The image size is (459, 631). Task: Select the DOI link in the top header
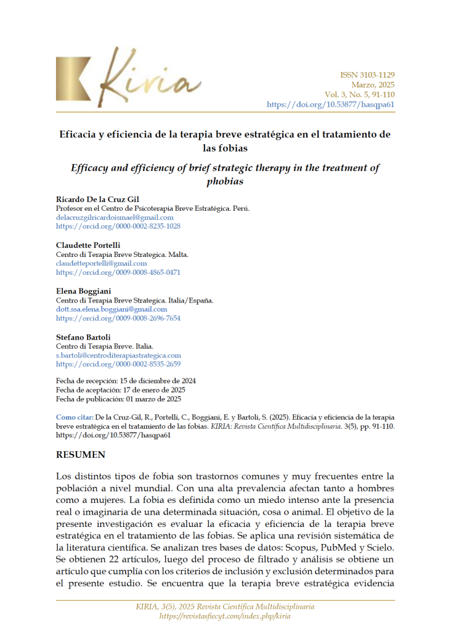(x=330, y=104)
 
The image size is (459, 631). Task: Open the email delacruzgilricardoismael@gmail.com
(x=115, y=218)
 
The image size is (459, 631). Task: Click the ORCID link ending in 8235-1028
(x=118, y=226)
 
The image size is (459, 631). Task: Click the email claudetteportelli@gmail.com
(x=101, y=263)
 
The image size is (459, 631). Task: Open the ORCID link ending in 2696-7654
(x=118, y=318)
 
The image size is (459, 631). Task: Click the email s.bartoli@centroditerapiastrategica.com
(x=118, y=356)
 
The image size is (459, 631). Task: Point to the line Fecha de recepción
(x=126, y=381)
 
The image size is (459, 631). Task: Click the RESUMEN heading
(x=81, y=455)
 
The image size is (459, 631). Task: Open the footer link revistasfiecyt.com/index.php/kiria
(x=225, y=616)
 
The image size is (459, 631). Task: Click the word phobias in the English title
(x=226, y=181)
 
